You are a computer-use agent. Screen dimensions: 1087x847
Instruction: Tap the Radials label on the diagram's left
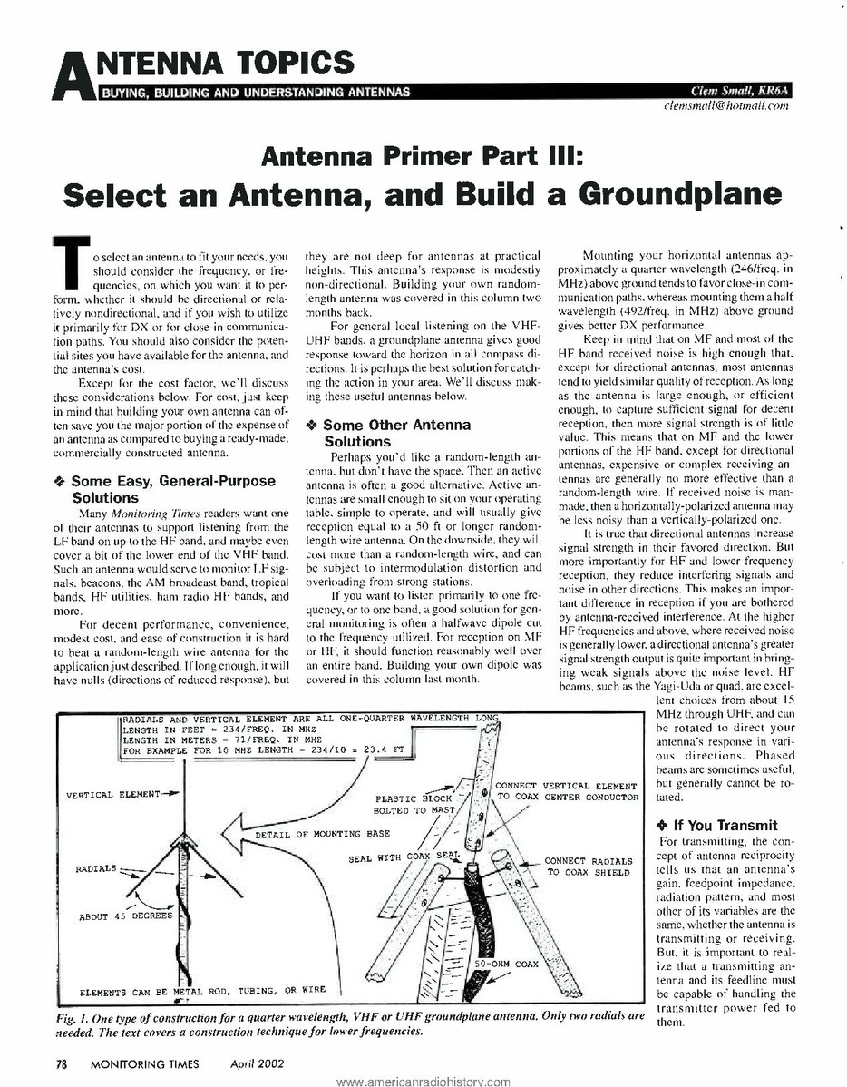click(x=96, y=868)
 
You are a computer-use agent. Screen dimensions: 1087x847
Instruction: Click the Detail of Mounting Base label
click(x=322, y=833)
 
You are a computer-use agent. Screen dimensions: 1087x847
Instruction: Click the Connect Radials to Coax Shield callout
click(x=589, y=867)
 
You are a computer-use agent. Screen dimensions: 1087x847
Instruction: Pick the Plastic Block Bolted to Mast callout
click(x=414, y=804)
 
